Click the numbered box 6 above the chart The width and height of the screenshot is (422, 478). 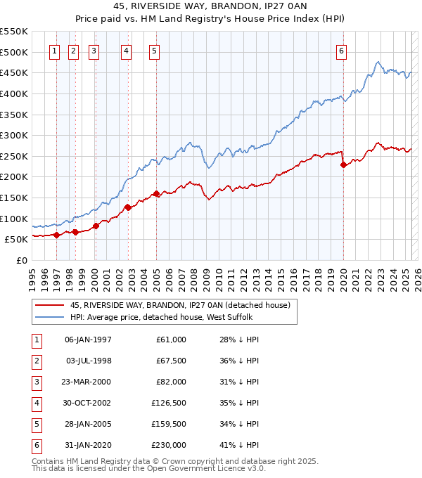pyautogui.click(x=341, y=50)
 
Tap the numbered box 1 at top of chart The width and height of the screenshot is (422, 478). pyautogui.click(x=54, y=50)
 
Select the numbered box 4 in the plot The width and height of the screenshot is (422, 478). pyautogui.click(x=125, y=50)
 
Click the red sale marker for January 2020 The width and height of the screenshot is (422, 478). pyautogui.click(x=343, y=165)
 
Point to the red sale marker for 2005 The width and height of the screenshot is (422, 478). pyautogui.click(x=156, y=194)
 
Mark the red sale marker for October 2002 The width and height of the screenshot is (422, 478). pyautogui.click(x=128, y=207)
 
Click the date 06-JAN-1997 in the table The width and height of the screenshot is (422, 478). pyautogui.click(x=88, y=340)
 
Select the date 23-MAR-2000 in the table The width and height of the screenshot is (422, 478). pyautogui.click(x=88, y=382)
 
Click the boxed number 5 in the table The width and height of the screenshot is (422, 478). pyautogui.click(x=35, y=424)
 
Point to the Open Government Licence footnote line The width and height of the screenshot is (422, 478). pyautogui.click(x=148, y=468)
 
